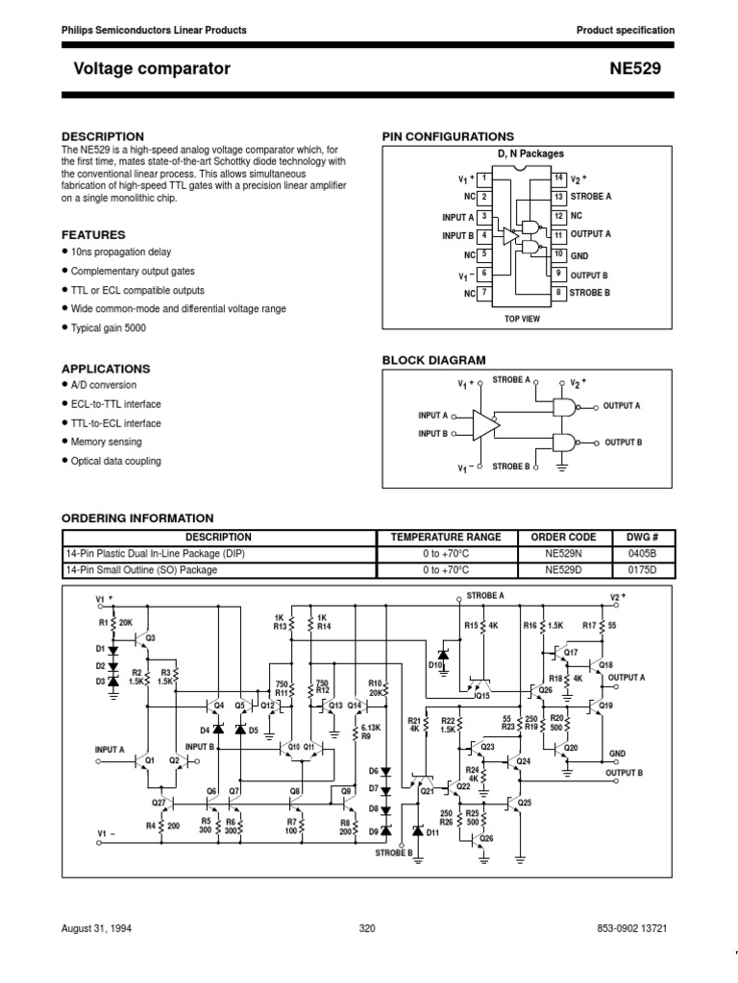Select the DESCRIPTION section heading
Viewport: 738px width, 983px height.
pos(103,136)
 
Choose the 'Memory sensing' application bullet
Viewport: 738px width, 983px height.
pos(106,442)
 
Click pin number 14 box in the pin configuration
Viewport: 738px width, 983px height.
pos(557,179)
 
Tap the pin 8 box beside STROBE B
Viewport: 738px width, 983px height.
pos(557,292)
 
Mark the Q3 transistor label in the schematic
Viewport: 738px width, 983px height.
pos(149,637)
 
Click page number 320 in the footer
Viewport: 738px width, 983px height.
pos(367,929)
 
